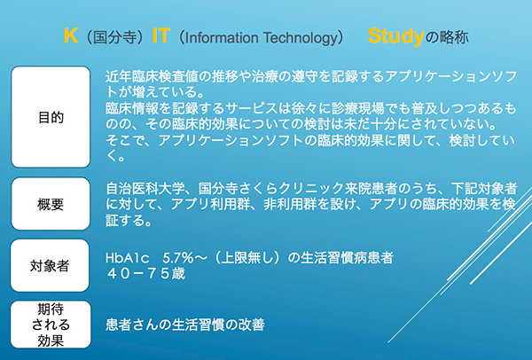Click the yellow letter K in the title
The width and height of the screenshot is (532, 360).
71,35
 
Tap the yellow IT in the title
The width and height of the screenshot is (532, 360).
160,35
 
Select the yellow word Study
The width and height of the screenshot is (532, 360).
396,36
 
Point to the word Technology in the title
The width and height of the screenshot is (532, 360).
299,38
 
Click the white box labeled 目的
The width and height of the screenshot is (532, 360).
51,117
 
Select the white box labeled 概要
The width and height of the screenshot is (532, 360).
51,204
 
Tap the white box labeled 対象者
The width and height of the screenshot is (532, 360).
50,265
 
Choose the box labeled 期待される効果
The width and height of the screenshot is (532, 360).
51,325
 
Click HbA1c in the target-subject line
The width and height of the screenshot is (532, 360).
128,259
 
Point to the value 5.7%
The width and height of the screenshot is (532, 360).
178,259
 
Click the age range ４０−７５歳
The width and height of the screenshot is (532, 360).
145,273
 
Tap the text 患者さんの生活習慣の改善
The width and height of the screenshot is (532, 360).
185,325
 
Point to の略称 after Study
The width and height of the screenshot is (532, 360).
447,37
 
